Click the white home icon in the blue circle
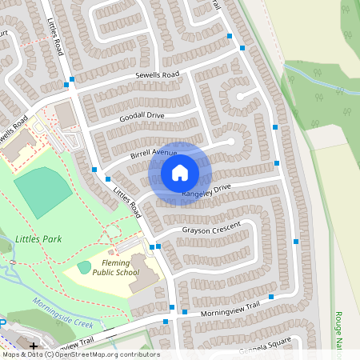(180, 172)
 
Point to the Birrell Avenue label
(153, 153)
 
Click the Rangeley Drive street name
(206, 190)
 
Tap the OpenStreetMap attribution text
(80, 354)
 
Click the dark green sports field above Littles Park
(42, 190)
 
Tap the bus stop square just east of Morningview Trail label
(271, 297)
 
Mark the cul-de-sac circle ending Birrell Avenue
(230, 142)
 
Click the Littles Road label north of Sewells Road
(54, 37)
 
